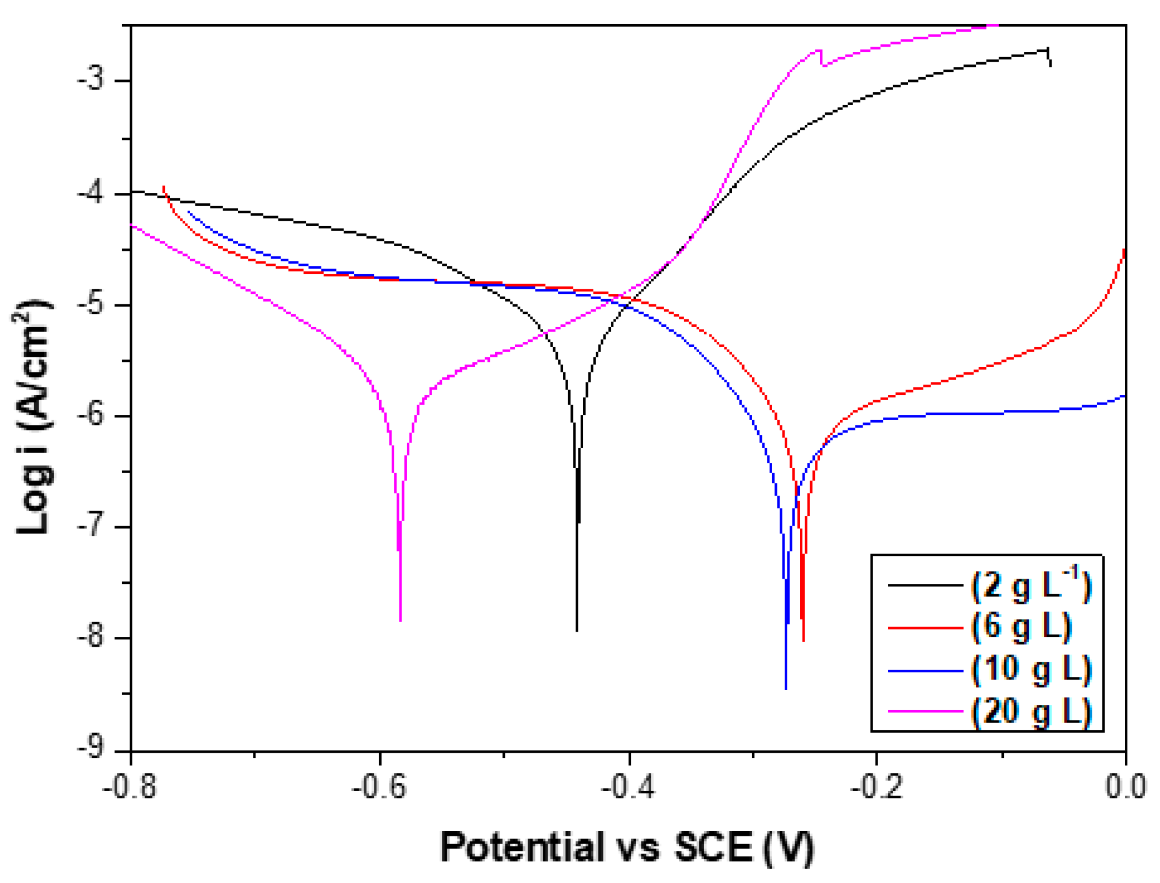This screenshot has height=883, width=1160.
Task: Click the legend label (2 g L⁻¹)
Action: click(1030, 586)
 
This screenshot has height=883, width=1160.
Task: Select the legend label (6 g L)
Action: click(1021, 627)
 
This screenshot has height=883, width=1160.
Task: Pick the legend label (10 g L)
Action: click(1031, 670)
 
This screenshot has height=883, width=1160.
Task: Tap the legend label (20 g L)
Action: click(1031, 712)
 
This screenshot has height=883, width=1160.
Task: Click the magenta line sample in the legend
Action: click(925, 712)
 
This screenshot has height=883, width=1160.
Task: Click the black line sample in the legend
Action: click(925, 586)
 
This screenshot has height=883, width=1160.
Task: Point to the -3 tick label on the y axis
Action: click(91, 80)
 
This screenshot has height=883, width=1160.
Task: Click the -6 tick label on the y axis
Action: click(91, 416)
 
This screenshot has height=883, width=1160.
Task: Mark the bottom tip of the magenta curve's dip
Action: click(400, 620)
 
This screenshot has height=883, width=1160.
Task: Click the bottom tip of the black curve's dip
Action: click(577, 631)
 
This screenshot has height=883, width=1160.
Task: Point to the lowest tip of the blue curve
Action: click(786, 688)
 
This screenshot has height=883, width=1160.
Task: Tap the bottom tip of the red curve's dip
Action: click(803, 640)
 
